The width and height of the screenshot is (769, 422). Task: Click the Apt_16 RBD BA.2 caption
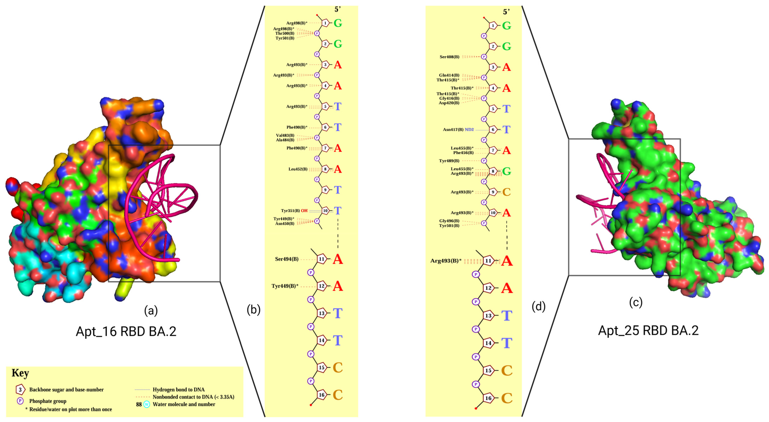(x=126, y=331)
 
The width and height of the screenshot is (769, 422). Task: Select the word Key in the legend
(x=20, y=373)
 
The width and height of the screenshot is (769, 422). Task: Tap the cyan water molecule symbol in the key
(x=146, y=404)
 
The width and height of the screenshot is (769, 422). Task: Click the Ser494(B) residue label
(x=287, y=259)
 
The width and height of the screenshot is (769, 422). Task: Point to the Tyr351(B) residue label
(x=290, y=211)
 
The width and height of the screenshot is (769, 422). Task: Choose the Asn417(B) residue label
(x=453, y=129)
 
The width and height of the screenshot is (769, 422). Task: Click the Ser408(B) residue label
(x=449, y=57)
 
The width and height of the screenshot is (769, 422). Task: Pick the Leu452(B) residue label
(x=298, y=169)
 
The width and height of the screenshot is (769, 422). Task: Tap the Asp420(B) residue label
(x=449, y=103)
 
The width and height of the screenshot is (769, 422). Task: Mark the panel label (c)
(x=636, y=302)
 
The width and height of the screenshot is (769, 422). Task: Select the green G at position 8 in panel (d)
(x=506, y=171)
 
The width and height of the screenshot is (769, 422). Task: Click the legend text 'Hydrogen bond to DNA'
(x=179, y=390)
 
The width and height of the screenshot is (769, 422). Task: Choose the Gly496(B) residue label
(x=449, y=221)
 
